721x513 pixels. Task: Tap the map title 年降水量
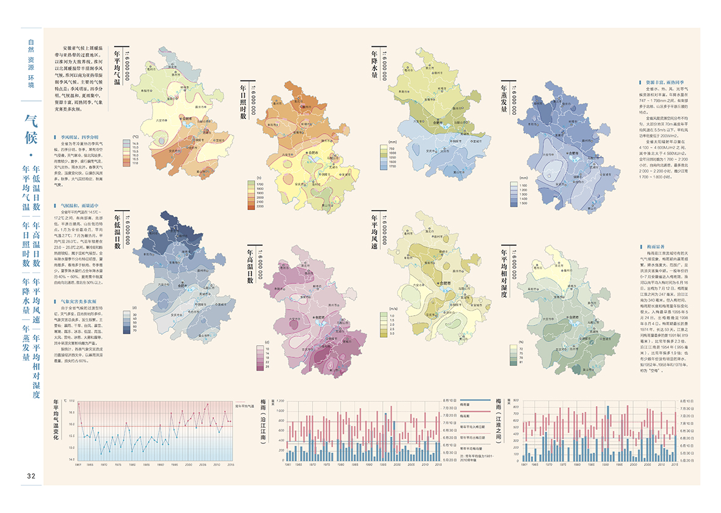pos(375,65)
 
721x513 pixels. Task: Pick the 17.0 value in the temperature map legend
pos(136,164)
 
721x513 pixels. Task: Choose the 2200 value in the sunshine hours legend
pos(259,207)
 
